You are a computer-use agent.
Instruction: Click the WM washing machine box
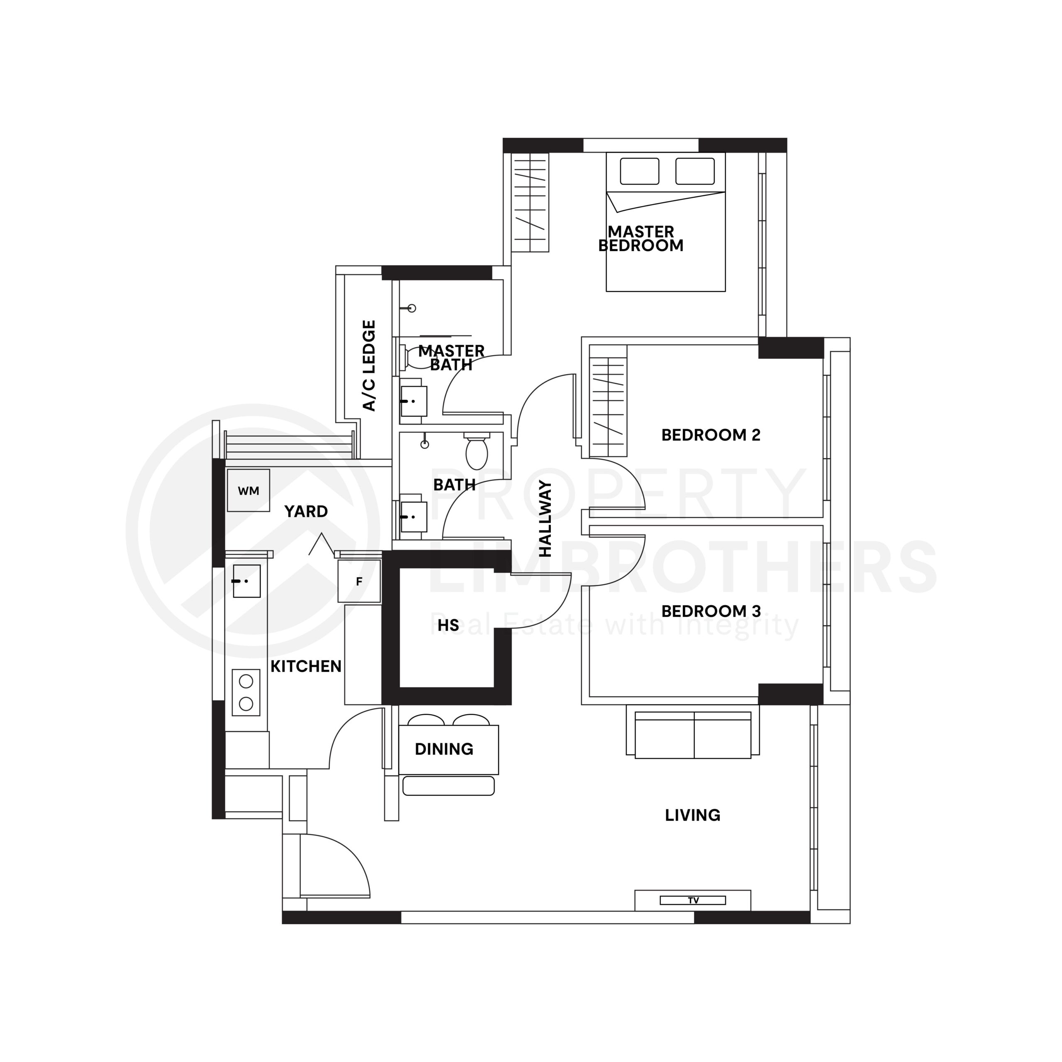coord(248,490)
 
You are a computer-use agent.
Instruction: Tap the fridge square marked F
coord(359,581)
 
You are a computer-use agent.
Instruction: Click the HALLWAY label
coord(545,519)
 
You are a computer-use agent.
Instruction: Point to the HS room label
coord(448,625)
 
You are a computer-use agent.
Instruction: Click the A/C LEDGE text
coord(369,365)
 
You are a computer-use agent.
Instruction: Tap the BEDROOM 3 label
coord(711,611)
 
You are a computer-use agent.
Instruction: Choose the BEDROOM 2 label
coord(711,435)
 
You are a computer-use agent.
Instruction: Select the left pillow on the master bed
coord(639,171)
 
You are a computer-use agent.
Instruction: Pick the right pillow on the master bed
coord(695,171)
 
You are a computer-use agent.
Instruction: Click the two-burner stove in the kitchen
coord(246,692)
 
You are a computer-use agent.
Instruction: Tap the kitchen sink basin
coord(246,580)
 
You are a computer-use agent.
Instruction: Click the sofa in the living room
coord(693,735)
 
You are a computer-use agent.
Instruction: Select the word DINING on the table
coord(443,749)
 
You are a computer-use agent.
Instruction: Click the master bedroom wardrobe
coord(530,202)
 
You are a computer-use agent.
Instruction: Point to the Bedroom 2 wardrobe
coord(608,407)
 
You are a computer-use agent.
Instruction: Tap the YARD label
coord(306,511)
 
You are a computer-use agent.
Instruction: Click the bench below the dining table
coord(448,785)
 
